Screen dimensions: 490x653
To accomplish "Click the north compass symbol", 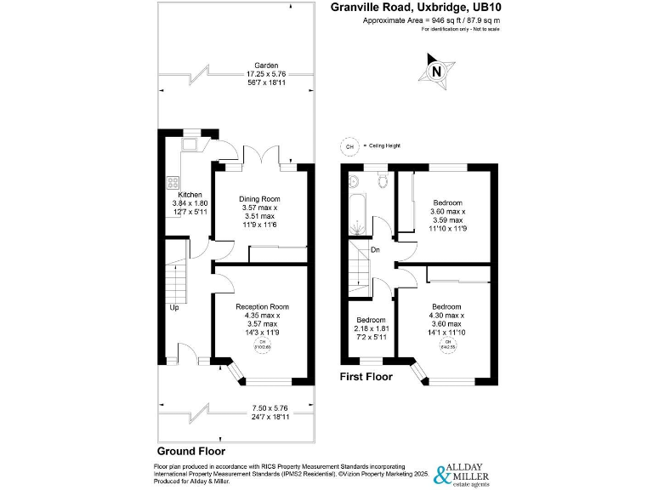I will pos(435,71).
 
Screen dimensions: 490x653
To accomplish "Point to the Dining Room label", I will pos(258,198).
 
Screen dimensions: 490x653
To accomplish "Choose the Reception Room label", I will pos(262,306).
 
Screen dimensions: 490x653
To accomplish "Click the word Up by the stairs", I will pos(174,307).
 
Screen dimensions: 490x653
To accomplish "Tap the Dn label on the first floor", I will pos(375,249).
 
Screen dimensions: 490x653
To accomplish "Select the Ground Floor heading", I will pos(191,451).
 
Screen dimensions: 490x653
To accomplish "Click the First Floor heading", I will pos(366,376).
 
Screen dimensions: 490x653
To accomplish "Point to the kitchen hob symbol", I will pos(173,181).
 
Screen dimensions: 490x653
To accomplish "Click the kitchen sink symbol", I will pos(189,142).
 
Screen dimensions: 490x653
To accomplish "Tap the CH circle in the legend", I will pos(348,146).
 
